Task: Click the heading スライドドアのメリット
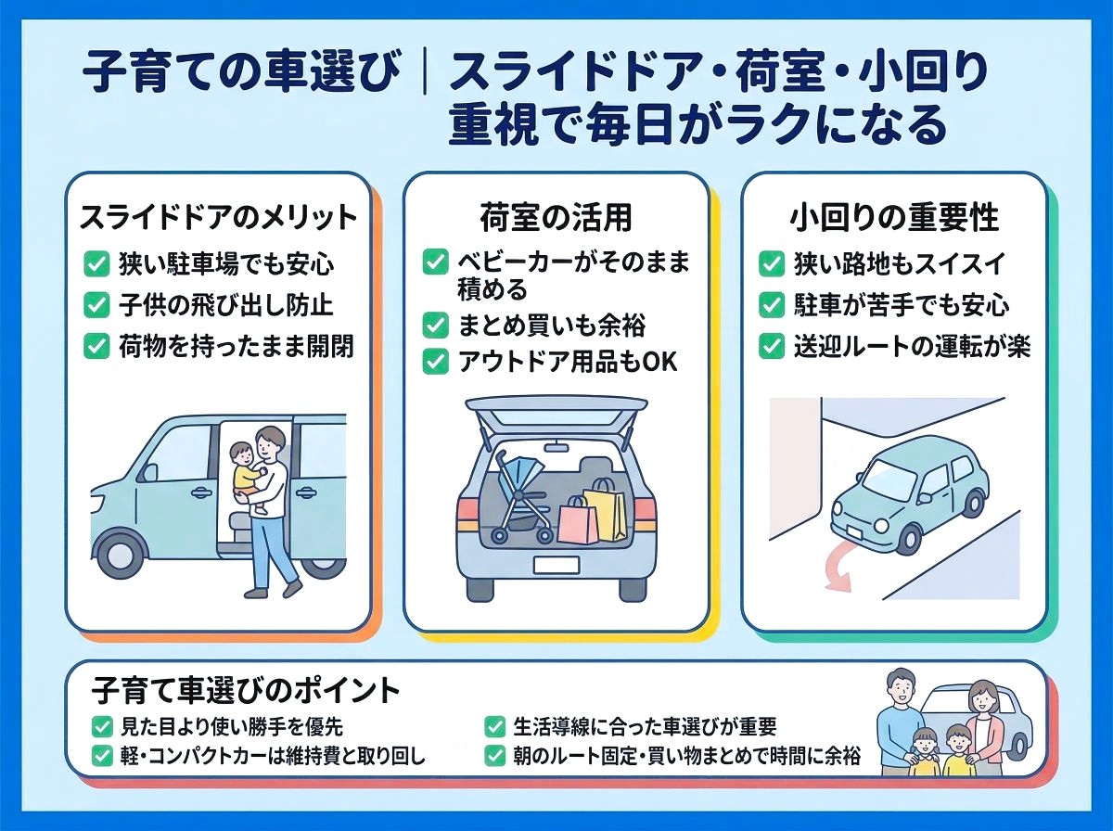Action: coord(218,217)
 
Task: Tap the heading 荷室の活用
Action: coord(556,217)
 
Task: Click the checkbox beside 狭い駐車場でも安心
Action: coord(96,263)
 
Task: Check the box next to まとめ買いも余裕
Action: coord(434,325)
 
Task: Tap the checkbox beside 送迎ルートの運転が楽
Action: coord(772,346)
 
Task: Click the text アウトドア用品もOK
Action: coord(568,362)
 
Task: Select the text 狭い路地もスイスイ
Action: coord(899,263)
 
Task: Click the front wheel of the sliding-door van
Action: coord(121,555)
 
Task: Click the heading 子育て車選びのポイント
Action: coord(246,690)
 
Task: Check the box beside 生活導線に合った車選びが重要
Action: coord(494,726)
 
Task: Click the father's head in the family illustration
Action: coord(901,689)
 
